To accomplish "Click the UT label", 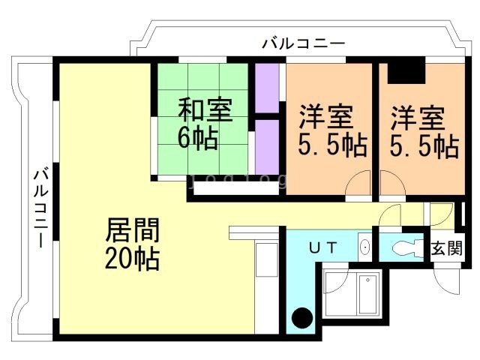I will click(x=324, y=247).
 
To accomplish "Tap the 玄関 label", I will click(x=446, y=248).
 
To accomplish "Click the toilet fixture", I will click(x=406, y=247).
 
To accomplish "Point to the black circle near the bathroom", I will click(x=301, y=318).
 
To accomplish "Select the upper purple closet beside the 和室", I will click(x=266, y=88).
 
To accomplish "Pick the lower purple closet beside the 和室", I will click(x=266, y=146).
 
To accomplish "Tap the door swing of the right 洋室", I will click(x=391, y=184).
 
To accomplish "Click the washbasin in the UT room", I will click(x=364, y=247).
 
